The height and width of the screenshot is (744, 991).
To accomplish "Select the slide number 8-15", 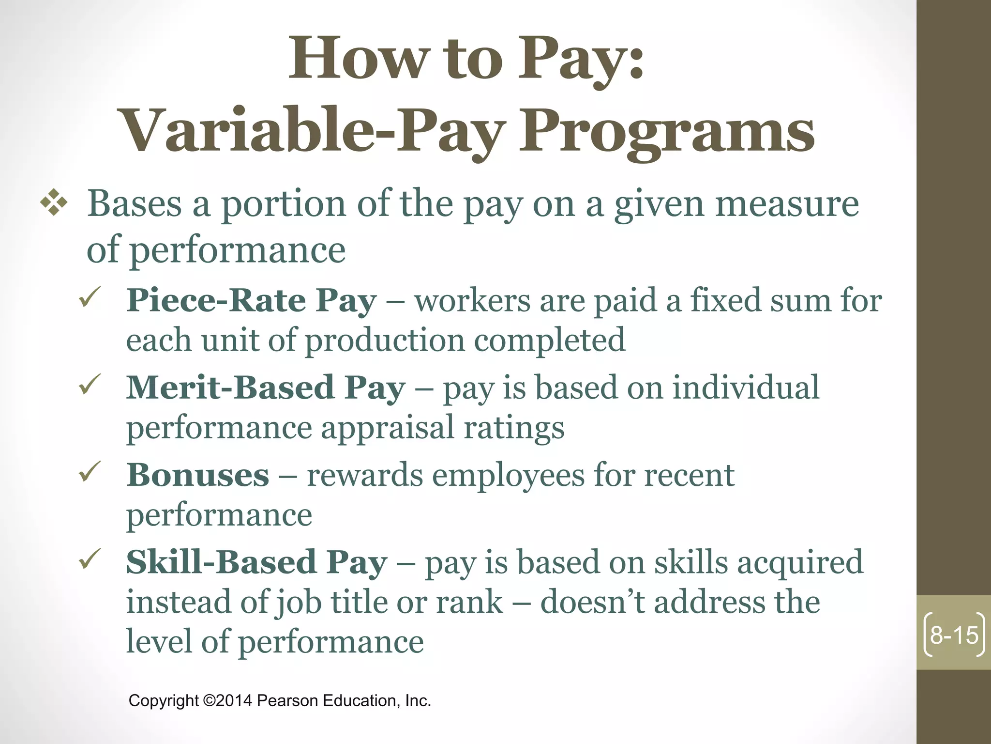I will (x=954, y=635).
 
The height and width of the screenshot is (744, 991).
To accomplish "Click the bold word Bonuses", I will (x=197, y=475).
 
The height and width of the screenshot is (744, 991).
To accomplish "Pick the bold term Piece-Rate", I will (x=216, y=301).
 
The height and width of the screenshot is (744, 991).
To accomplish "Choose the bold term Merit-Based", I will (x=230, y=388).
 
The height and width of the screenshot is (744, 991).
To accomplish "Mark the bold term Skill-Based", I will (x=221, y=563).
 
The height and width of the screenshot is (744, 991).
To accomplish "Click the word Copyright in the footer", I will (x=164, y=701).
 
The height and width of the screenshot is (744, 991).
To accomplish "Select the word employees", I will (x=509, y=476).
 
